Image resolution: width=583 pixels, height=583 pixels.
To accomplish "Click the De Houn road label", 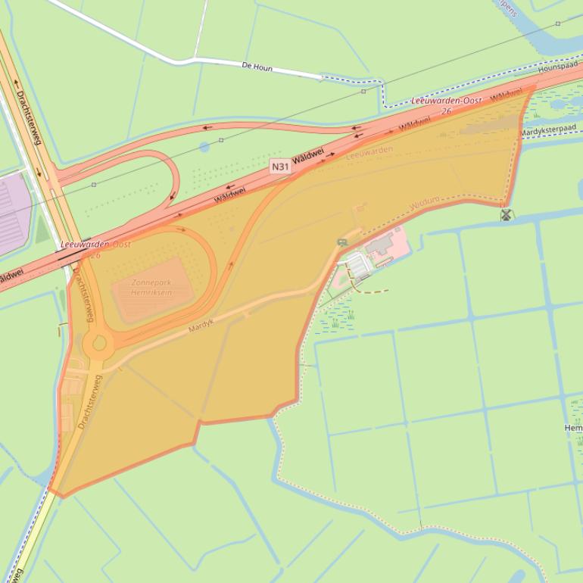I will [x=257, y=67].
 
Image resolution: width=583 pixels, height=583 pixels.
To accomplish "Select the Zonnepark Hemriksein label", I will [x=151, y=288].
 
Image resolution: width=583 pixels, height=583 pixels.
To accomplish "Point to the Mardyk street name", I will [x=201, y=326].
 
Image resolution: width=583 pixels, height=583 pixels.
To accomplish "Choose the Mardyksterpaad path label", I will [x=547, y=131].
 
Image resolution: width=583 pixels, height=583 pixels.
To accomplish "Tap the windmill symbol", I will [x=507, y=216].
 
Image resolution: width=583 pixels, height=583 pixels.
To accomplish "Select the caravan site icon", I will [x=343, y=242].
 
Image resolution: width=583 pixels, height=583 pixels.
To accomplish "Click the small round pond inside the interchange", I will [x=204, y=147].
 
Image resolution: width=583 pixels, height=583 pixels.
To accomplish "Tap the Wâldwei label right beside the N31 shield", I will [x=309, y=155].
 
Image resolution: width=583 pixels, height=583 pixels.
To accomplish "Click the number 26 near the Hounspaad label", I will [x=446, y=111].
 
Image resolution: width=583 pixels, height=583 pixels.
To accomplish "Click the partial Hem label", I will [x=573, y=429].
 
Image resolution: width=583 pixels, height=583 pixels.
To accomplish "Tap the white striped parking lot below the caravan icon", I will [x=358, y=265].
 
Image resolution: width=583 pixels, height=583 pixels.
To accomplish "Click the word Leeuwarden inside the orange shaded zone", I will [x=369, y=153].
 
